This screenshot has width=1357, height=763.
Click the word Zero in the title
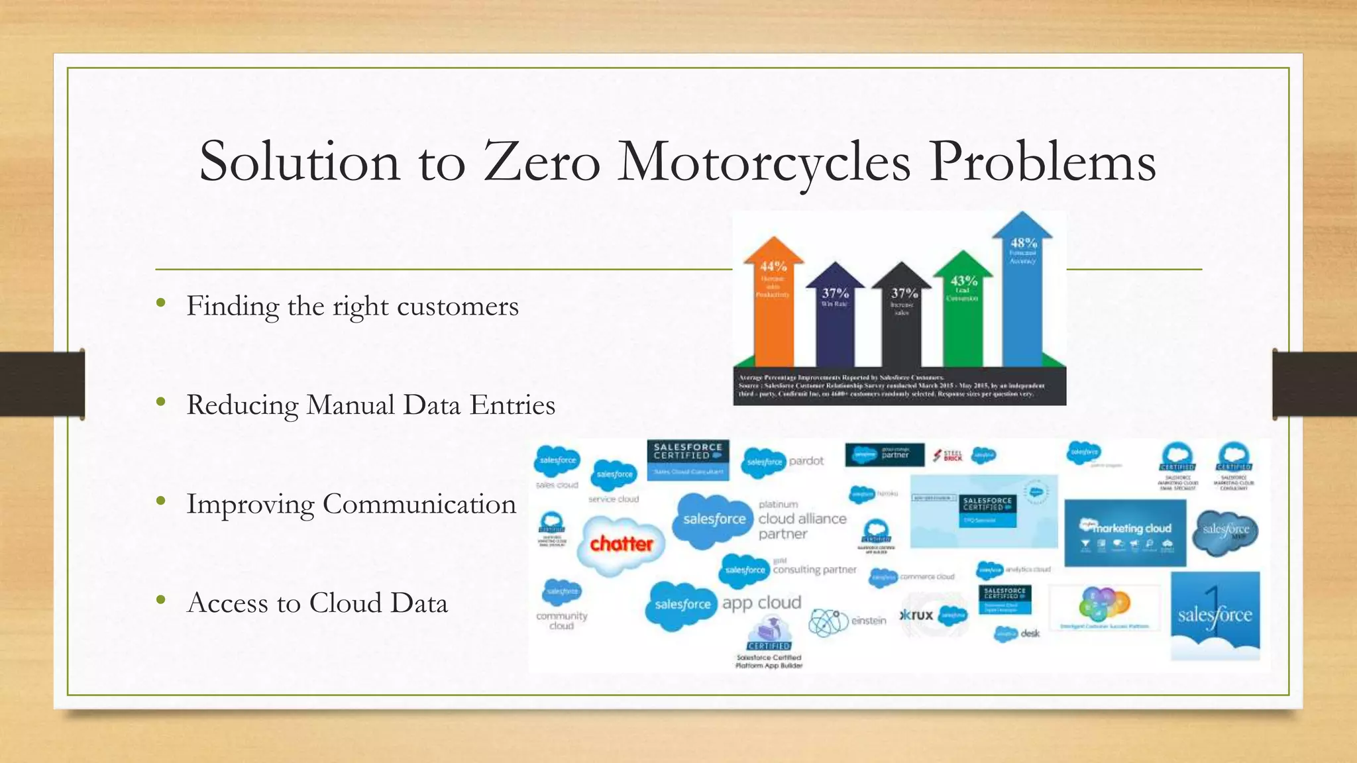[541, 162]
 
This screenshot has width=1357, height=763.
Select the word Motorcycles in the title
[763, 162]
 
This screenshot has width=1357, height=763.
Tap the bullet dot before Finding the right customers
[160, 304]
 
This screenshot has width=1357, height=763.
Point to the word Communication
[419, 504]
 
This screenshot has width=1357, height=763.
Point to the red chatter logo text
[621, 544]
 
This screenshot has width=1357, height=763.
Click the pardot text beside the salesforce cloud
[806, 461]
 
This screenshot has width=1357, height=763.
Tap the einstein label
[868, 621]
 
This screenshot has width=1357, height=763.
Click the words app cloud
[761, 603]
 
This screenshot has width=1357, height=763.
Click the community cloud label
[561, 621]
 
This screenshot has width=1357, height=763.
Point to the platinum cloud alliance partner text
[802, 519]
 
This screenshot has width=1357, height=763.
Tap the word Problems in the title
[1042, 162]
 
